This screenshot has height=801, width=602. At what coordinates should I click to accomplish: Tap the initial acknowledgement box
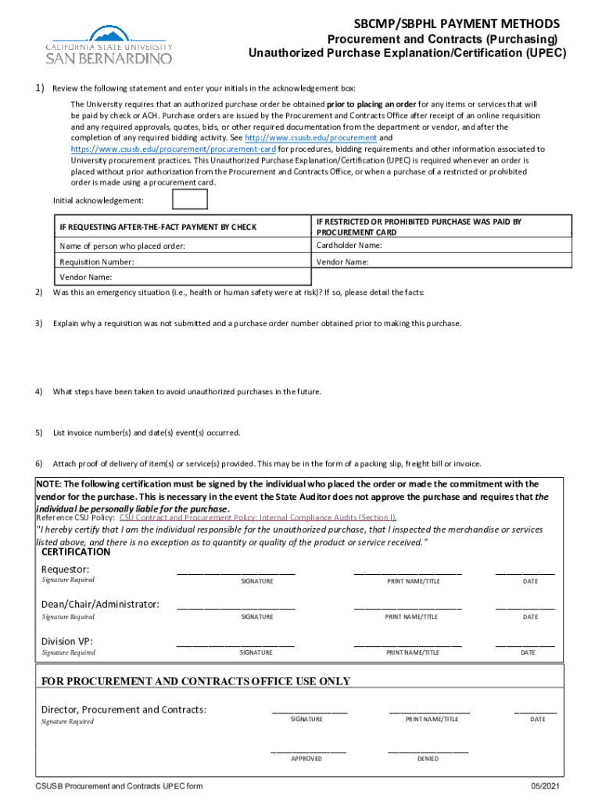(189, 199)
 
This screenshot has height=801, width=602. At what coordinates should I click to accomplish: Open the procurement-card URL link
(173, 149)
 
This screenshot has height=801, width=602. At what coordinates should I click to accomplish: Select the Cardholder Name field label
(349, 246)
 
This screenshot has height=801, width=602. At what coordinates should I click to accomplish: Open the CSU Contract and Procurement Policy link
(257, 518)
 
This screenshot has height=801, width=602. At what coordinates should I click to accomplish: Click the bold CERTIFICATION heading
(76, 551)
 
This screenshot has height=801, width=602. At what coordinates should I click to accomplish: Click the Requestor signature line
(235, 573)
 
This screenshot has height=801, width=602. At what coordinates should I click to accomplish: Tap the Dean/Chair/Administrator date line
(525, 608)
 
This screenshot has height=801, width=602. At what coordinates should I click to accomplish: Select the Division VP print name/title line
(407, 645)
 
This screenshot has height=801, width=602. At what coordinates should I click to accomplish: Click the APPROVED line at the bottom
(308, 752)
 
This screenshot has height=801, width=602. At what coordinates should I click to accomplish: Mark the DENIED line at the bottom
(428, 752)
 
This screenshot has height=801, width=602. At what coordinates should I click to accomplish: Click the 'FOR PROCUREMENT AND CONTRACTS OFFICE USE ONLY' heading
(195, 681)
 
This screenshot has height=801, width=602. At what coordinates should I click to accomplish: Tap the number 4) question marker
(38, 392)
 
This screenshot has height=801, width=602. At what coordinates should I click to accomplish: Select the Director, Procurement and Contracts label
(124, 709)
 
